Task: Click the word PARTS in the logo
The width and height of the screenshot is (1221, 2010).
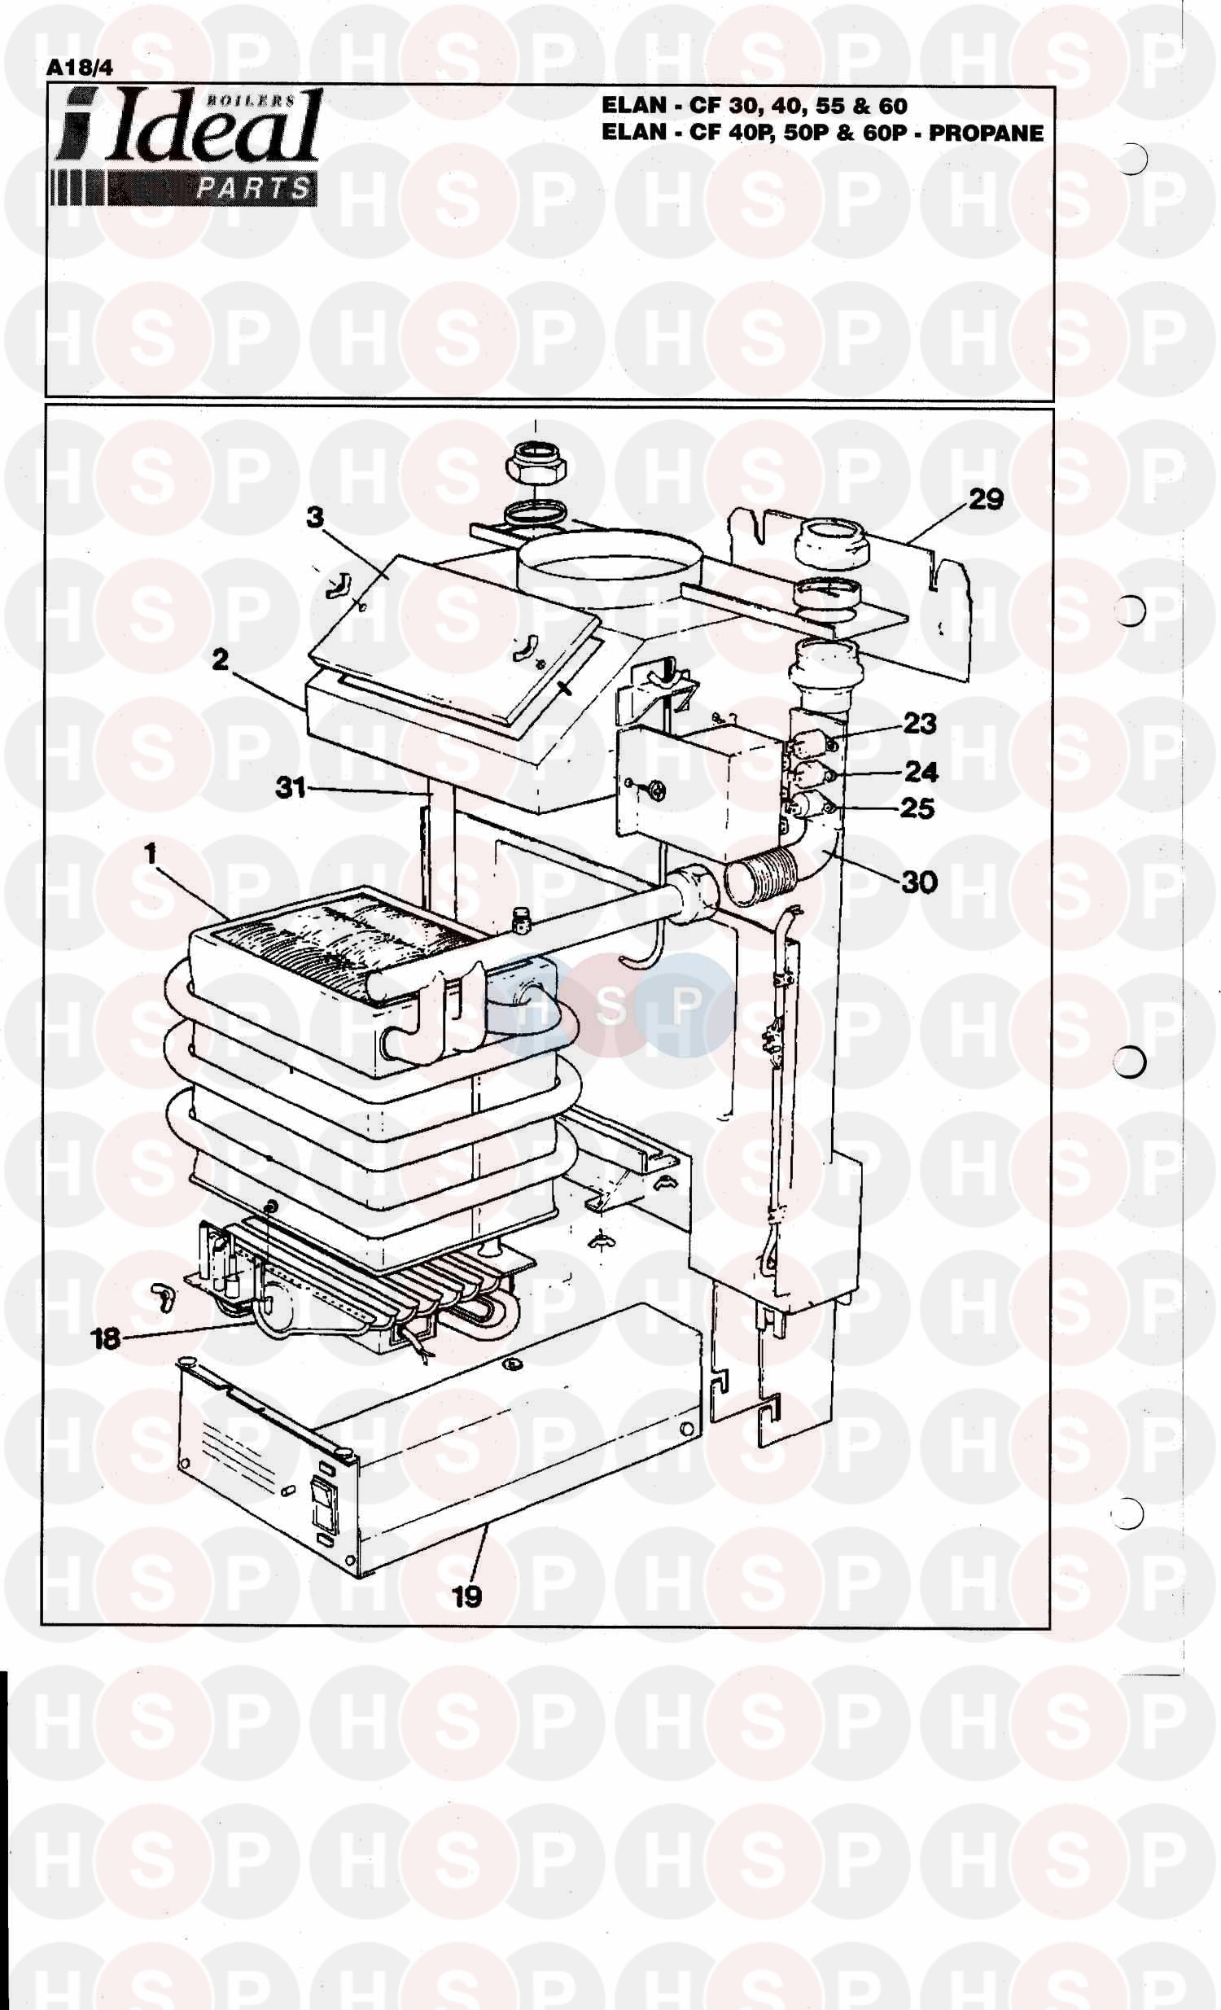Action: pyautogui.click(x=254, y=189)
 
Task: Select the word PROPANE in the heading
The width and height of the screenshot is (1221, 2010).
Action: pyautogui.click(x=985, y=133)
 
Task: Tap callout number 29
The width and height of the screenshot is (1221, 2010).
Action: pyautogui.click(x=985, y=498)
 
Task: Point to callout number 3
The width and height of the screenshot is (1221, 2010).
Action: pyautogui.click(x=315, y=518)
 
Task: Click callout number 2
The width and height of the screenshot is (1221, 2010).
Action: pyautogui.click(x=221, y=659)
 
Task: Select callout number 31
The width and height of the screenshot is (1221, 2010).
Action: pyautogui.click(x=291, y=787)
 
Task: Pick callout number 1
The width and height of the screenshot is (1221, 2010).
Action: pyautogui.click(x=150, y=855)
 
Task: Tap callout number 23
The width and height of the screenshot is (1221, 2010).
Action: pyautogui.click(x=919, y=723)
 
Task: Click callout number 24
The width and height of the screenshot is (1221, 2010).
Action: pyautogui.click(x=921, y=771)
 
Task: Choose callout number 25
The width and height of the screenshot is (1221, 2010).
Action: pyautogui.click(x=917, y=808)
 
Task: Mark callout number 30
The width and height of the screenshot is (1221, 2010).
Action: pyautogui.click(x=919, y=882)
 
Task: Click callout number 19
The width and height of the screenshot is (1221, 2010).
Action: pyautogui.click(x=467, y=1597)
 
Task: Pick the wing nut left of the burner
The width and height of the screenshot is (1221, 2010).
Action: pyautogui.click(x=161, y=1297)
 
